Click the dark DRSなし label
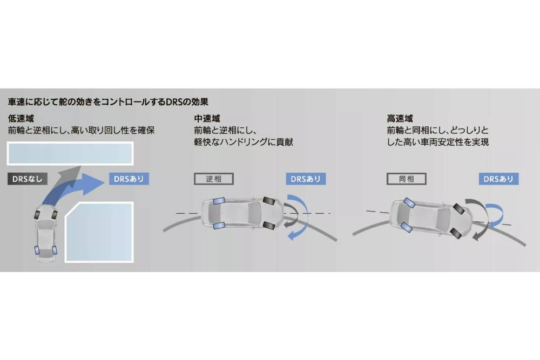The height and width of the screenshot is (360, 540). click(x=28, y=179)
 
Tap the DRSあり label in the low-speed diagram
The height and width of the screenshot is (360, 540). click(x=129, y=179)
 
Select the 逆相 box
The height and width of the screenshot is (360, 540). click(x=213, y=179)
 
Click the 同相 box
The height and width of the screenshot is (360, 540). click(x=407, y=179)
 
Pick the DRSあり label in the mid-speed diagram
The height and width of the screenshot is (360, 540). click(x=306, y=179)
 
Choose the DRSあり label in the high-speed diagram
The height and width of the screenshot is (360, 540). click(x=498, y=179)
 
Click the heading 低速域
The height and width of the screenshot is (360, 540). click(x=21, y=119)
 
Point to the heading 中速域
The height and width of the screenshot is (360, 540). click(x=207, y=119)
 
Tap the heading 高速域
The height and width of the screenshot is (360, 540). click(x=400, y=119)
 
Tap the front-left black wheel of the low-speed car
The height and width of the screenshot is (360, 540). click(x=37, y=214)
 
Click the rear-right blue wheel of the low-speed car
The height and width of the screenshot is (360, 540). click(x=55, y=250)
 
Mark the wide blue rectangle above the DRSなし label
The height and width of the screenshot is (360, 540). click(x=70, y=153)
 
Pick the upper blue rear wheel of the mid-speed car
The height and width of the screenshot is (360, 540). click(x=219, y=201)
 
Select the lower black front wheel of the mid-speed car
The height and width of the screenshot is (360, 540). click(x=269, y=226)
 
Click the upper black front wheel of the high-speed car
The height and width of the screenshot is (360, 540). click(x=460, y=209)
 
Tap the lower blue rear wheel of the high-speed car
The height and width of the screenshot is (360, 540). click(x=407, y=227)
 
